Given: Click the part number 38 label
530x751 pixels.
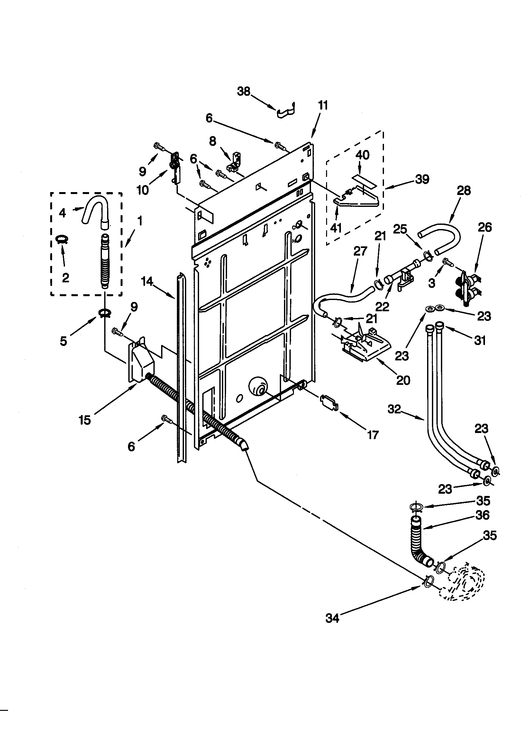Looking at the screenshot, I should point(244,91).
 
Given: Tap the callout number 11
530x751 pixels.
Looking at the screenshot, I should point(322,106).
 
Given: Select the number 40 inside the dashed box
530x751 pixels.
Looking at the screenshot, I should point(362,155).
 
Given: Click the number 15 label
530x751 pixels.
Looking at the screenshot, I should point(85,420).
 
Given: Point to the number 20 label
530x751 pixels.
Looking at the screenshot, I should point(403,380).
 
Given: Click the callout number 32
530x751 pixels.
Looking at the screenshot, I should point(394,409).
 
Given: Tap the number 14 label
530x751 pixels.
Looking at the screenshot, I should point(147,281).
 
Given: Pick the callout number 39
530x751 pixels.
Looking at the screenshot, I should point(422,179).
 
